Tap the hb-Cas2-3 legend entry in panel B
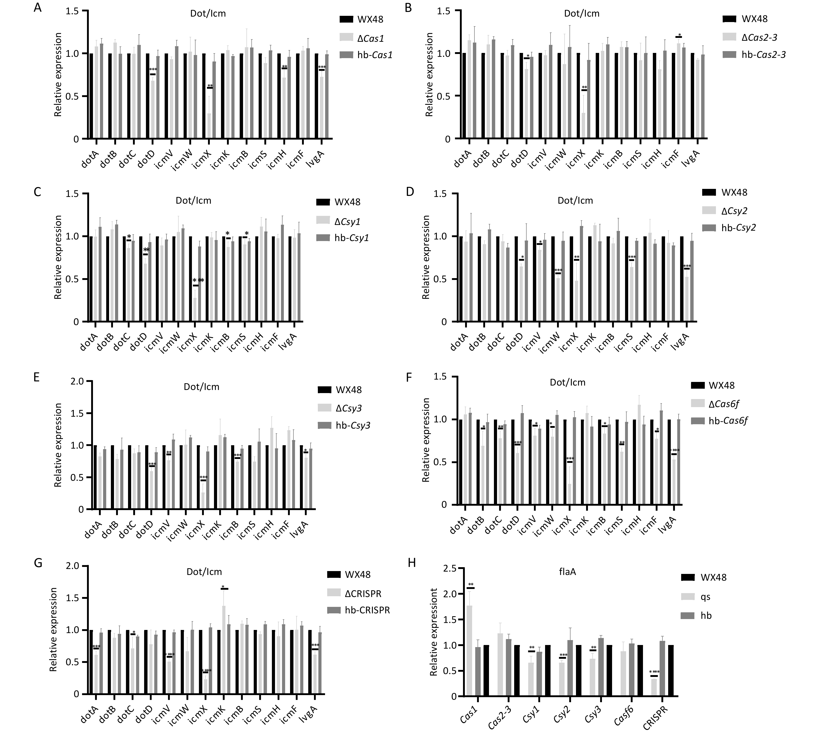[763, 55]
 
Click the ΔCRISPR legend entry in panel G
[363, 594]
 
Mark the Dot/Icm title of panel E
[201, 387]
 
